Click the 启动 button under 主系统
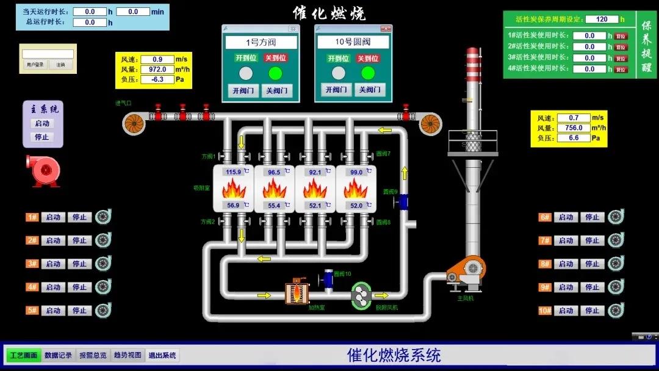pos(41,123)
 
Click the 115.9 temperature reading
pos(234,172)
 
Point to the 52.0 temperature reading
pos(356,206)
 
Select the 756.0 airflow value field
pos(573,128)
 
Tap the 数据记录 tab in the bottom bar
pos(59,355)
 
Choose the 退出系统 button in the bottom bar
pos(162,355)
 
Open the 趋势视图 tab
pos(128,355)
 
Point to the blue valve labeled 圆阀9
pos(402,201)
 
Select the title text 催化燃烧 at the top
pos(329,13)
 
